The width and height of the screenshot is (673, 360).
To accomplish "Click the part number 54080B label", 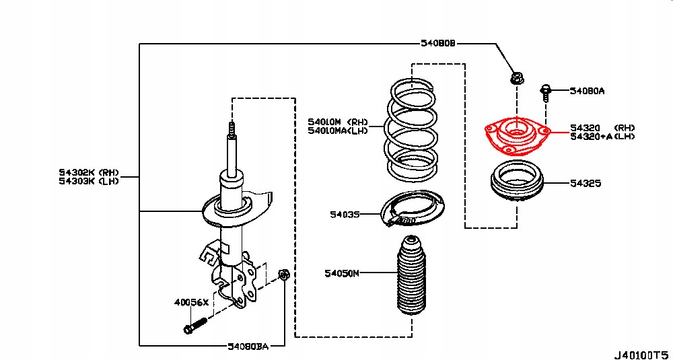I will [x=438, y=44].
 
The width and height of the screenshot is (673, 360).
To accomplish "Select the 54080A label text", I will [x=587, y=90].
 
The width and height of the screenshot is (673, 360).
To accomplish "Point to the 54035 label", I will [x=345, y=215].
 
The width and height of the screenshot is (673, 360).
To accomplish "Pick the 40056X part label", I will [x=192, y=303].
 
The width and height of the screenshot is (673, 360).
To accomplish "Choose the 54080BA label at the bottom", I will [x=248, y=347].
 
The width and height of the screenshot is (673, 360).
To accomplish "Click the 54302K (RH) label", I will [x=88, y=172].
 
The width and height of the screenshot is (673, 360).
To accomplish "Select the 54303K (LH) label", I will [x=88, y=181].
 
